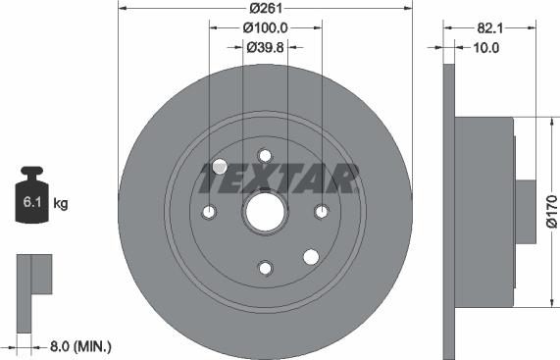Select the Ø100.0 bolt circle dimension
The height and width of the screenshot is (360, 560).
click(x=265, y=28)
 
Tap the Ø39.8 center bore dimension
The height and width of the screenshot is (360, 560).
click(x=265, y=47)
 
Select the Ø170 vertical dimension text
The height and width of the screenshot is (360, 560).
click(x=551, y=211)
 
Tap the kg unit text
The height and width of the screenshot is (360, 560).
click(x=60, y=204)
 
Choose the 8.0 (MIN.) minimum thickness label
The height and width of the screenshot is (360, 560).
click(x=79, y=346)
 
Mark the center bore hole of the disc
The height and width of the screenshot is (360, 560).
click(x=264, y=211)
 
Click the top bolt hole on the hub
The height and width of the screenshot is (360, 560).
click(x=264, y=155)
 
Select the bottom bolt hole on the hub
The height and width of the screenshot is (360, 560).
click(x=264, y=267)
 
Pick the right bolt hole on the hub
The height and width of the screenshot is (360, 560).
click(x=320, y=211)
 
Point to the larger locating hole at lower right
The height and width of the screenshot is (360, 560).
click(x=311, y=257)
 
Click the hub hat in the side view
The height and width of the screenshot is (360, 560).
click(x=485, y=211)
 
